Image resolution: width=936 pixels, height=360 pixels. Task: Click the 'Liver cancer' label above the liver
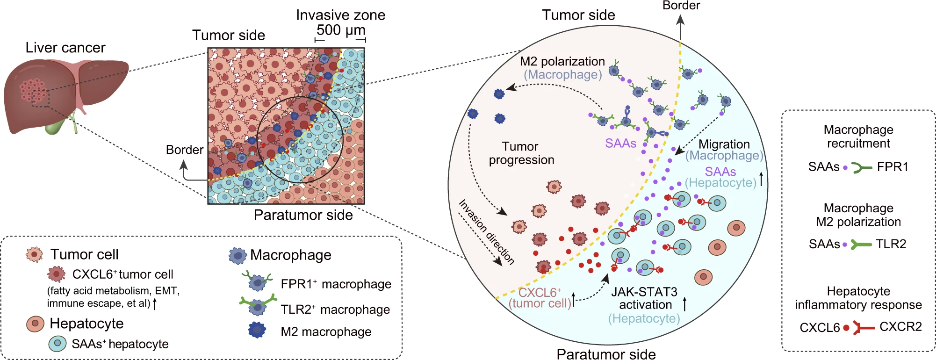coord(65,48)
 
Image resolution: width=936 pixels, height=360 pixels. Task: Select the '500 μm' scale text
coord(341,30)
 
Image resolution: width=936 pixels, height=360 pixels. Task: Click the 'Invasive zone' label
coord(341,15)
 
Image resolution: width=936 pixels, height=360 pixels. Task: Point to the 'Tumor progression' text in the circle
coord(521,153)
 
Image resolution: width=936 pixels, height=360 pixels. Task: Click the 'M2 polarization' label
coord(562,61)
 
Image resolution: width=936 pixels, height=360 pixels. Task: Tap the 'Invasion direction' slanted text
coord(487,232)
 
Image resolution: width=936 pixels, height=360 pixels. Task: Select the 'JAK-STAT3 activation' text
coord(645,298)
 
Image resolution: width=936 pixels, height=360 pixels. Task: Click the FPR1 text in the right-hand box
coord(893,167)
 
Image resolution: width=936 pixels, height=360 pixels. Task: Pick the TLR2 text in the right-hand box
coord(891,244)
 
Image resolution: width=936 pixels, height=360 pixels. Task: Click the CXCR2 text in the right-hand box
coord(900,327)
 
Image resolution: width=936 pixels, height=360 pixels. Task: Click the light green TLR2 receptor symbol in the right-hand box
coord(861,245)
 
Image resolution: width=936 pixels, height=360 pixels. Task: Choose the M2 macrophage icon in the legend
coord(257,330)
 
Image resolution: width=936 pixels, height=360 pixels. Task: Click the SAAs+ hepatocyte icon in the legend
coord(58,344)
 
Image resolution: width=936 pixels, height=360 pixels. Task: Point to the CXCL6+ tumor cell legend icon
coord(57,274)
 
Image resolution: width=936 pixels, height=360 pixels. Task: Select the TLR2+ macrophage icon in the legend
coord(258,306)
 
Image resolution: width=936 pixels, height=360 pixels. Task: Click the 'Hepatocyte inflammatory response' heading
coord(858,298)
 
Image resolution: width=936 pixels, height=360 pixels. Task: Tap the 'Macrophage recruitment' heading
coord(858,137)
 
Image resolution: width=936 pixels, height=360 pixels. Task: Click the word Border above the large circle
coord(681,6)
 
